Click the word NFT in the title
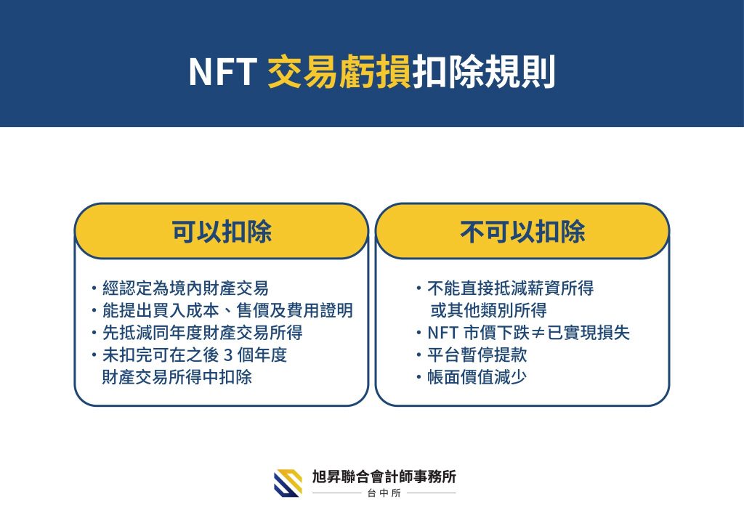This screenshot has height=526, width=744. (220, 72)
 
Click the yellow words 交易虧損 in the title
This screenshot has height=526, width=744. (339, 72)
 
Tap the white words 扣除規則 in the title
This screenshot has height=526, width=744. (483, 72)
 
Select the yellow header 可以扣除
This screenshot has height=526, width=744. (222, 232)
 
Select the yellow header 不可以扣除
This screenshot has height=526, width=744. (522, 232)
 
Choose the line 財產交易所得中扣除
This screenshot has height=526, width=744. (177, 377)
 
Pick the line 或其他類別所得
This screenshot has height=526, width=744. (489, 310)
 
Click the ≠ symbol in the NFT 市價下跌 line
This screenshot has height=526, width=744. (538, 333)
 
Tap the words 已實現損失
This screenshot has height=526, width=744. (589, 333)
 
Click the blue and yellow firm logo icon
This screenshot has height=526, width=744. (288, 483)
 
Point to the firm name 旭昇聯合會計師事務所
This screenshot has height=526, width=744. (384, 476)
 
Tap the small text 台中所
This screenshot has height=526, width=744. (384, 493)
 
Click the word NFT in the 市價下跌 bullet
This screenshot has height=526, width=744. (442, 333)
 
